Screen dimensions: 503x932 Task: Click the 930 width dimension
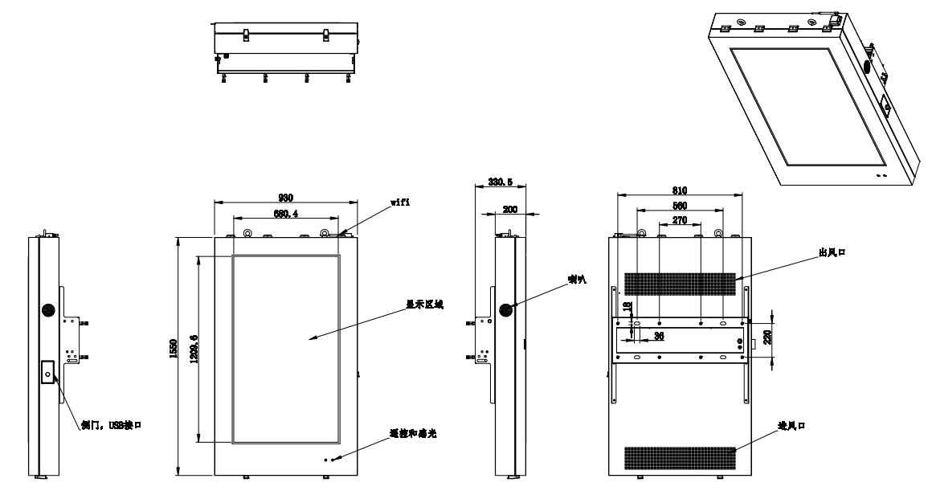click(x=285, y=198)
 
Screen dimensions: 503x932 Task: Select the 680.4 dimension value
click(x=285, y=215)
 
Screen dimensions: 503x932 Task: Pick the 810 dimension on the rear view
click(x=678, y=191)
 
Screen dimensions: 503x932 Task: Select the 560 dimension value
click(x=678, y=205)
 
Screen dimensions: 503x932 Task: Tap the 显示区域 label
click(x=424, y=305)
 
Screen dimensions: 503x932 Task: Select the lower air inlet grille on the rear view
click(x=679, y=457)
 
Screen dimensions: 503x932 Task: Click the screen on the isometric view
click(x=811, y=109)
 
